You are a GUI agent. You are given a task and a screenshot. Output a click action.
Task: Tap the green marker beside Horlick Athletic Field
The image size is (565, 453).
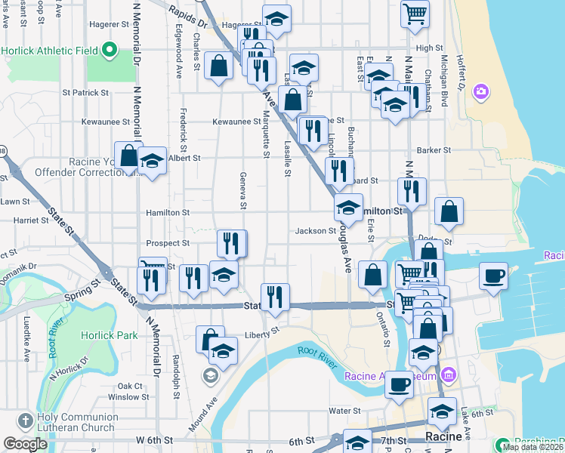pos(109,51)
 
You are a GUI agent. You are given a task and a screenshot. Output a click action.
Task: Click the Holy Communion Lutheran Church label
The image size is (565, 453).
pos(74,425)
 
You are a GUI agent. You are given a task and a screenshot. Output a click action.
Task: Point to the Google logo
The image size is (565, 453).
pos(25,444)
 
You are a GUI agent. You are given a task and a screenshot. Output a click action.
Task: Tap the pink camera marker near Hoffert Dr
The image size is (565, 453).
pos(480,92)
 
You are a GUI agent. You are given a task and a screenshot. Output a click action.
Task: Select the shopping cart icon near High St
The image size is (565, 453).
pos(415,13)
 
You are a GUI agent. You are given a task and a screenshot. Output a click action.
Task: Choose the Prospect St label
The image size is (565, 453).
pos(168,243)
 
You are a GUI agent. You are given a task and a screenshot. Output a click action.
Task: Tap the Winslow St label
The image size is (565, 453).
pos(123,397)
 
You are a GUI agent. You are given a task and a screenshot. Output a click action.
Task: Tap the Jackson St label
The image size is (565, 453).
pos(315,231)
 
